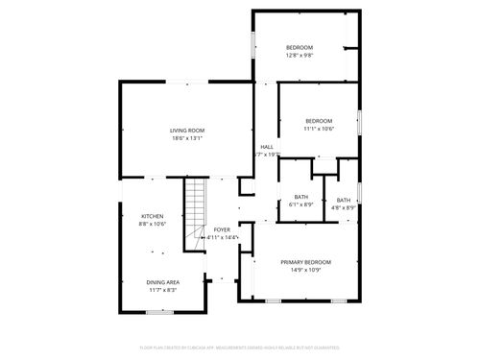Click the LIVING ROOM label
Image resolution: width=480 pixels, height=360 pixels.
pos(186,130)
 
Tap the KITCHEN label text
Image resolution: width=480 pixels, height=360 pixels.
pos(153,216)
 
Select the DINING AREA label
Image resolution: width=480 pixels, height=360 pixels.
pos(162,281)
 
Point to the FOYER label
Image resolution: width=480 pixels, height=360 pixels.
pos(222,229)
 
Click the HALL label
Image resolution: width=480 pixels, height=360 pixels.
pos(266,146)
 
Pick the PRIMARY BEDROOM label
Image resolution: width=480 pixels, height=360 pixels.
pos(305,262)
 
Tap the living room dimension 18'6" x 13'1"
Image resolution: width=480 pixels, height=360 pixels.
pos(186,138)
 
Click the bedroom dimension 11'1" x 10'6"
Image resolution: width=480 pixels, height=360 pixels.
pos(319,128)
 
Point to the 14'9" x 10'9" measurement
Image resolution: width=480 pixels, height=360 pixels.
pos(305,271)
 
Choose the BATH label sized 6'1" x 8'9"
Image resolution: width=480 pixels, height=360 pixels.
pos(301,198)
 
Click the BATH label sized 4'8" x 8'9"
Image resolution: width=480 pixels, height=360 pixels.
pos(344,200)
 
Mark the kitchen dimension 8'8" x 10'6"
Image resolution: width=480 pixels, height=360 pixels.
pos(153,224)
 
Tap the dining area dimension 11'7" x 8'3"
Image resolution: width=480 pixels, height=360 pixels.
pos(162,289)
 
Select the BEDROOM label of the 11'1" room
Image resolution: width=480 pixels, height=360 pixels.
pos(319,120)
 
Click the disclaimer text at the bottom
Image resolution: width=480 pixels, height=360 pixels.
pos(239,347)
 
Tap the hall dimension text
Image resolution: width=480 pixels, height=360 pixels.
pos(266,154)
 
